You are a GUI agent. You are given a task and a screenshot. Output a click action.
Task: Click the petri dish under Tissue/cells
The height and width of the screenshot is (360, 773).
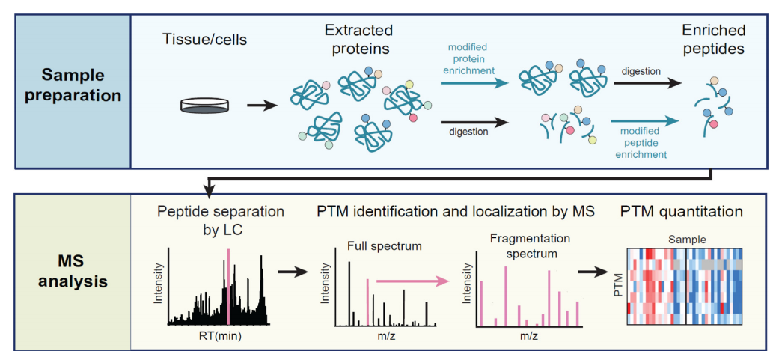[204, 105]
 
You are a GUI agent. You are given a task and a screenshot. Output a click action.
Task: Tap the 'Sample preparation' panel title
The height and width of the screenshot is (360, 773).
[70, 85]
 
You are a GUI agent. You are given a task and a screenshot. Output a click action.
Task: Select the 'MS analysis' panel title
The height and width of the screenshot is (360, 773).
[70, 273]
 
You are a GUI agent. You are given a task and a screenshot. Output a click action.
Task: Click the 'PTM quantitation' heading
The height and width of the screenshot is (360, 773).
[681, 212]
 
